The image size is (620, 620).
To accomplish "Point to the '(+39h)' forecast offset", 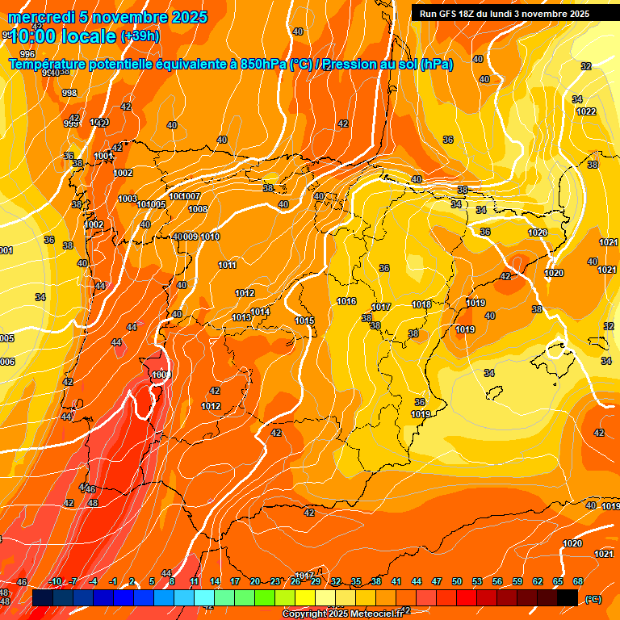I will (140, 36).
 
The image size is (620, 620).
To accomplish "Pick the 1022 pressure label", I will (586, 111).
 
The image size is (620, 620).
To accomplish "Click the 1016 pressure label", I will (346, 302).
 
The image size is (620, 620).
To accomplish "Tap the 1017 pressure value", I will (381, 308).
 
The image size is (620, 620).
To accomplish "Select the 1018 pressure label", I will (421, 304).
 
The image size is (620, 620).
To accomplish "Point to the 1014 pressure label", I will (259, 312).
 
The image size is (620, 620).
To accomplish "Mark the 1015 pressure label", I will (304, 321).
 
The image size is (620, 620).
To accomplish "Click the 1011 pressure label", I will (228, 266).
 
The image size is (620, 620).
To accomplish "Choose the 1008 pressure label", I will (198, 210).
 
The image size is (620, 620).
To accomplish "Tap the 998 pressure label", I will (69, 94).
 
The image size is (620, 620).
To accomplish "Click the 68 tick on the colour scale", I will (578, 582).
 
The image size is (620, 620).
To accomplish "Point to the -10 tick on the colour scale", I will (56, 582).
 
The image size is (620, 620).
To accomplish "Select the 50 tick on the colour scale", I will (457, 582).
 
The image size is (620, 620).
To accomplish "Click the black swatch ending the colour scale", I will (568, 597).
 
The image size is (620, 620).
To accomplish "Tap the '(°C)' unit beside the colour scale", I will (593, 599).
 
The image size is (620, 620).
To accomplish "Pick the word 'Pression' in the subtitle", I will (354, 65).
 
